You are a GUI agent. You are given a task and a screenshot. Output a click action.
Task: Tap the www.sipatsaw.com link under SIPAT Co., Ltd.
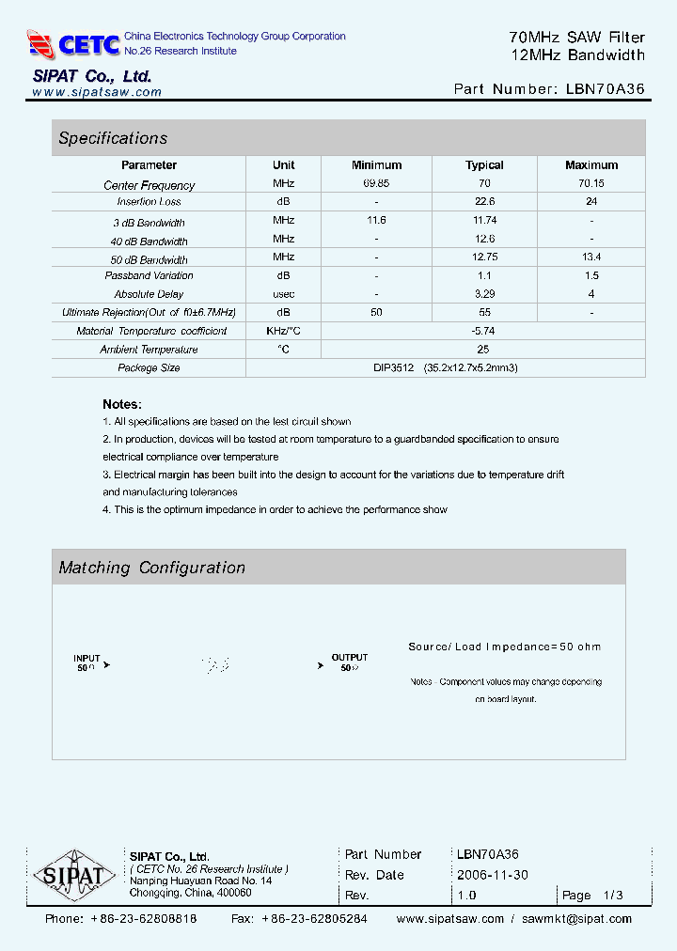[x=97, y=92]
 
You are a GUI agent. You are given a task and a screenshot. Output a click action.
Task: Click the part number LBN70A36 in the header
[x=606, y=89]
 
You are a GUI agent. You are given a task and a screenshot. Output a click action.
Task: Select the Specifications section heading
[x=113, y=138]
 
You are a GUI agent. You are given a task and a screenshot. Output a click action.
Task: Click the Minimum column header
[x=376, y=165]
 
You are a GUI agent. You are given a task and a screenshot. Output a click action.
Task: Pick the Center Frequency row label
[x=150, y=185]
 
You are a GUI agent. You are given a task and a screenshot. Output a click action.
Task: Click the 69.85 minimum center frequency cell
[x=376, y=184]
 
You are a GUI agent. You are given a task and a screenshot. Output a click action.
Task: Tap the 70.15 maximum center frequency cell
[x=591, y=184]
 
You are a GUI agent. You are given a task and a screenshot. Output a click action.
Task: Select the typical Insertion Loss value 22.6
[x=484, y=201]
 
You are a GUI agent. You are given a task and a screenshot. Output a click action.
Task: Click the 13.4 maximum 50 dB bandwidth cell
[x=591, y=257]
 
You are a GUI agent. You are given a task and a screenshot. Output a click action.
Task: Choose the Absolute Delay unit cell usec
[x=283, y=294]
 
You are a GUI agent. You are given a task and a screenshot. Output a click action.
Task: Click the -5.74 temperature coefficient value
[x=484, y=331]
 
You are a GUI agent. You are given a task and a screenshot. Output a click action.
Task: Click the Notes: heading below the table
[x=122, y=403]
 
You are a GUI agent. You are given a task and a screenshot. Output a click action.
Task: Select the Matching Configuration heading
[x=151, y=568]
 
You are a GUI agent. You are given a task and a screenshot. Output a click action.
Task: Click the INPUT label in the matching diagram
[x=87, y=658]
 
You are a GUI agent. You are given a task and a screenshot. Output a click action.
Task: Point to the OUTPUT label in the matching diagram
[x=350, y=658]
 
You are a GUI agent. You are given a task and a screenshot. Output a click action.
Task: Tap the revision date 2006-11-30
[x=493, y=875]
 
